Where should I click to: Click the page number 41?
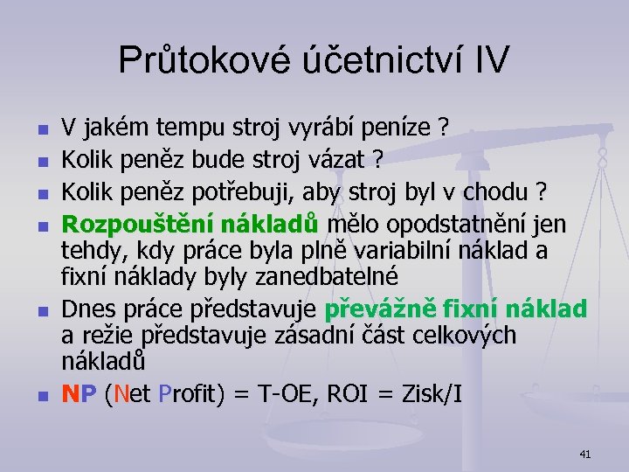tap(584, 453)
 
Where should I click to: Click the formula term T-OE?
tap(286, 394)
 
